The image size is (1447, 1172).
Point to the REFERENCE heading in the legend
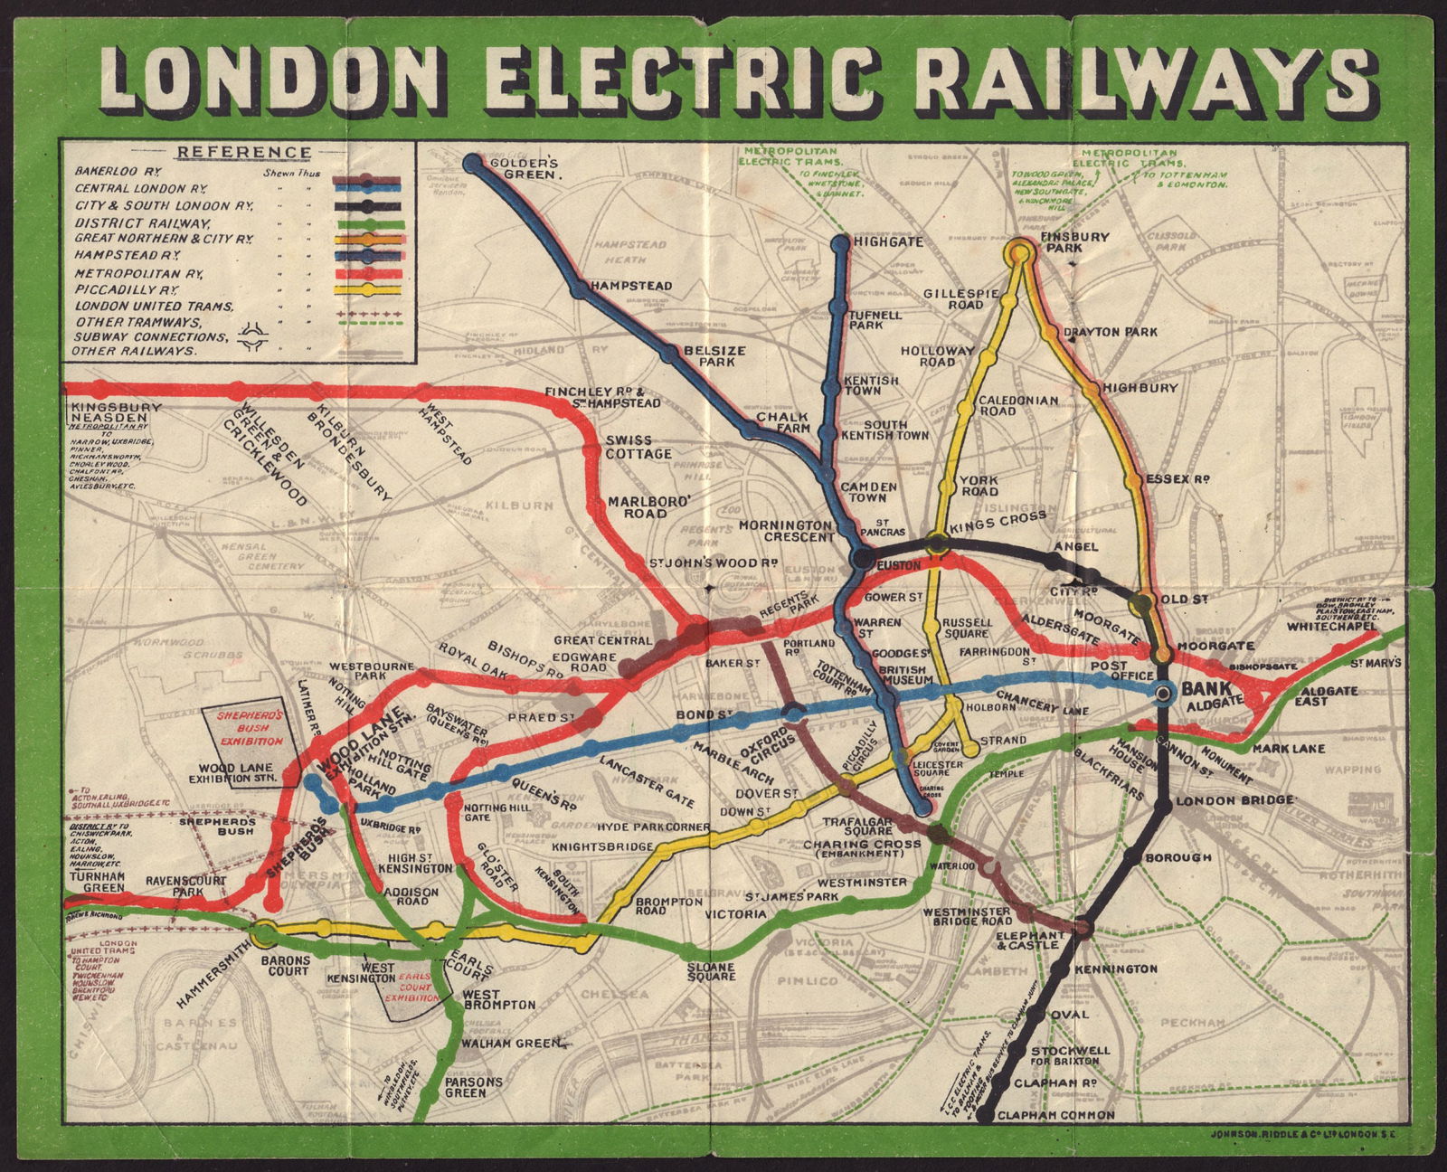243,153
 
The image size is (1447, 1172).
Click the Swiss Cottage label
638,447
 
